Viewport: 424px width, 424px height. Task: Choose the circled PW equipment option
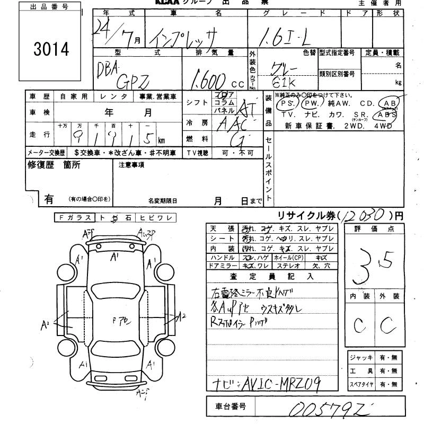(x=313, y=103)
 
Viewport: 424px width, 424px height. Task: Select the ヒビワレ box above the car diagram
(x=156, y=217)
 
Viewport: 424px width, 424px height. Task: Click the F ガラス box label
(x=74, y=217)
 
